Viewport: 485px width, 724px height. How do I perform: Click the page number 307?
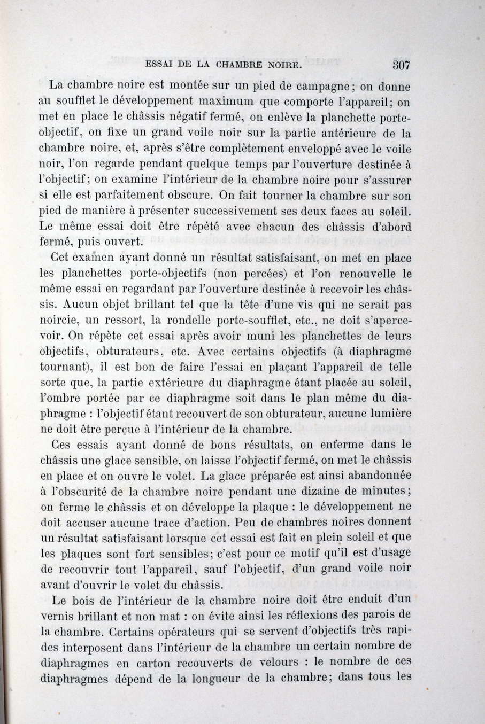[401, 66]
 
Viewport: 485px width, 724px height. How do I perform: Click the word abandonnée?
[374, 475]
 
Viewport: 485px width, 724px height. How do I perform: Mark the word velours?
[276, 662]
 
